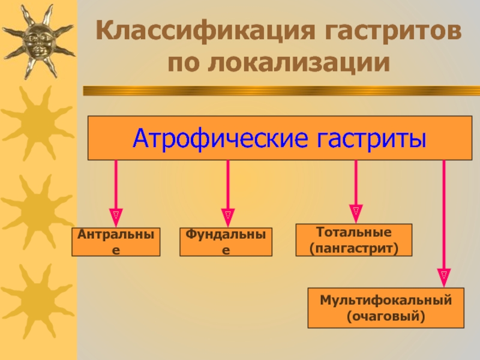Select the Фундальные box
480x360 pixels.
[x=226, y=242]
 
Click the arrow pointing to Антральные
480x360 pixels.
[x=116, y=186]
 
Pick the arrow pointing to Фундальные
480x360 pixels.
[x=228, y=186]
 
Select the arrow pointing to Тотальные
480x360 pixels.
[x=356, y=183]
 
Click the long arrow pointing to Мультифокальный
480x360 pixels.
[x=443, y=216]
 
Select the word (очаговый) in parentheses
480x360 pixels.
[x=386, y=315]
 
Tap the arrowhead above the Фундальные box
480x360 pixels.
[x=228, y=214]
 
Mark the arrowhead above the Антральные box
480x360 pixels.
[x=116, y=214]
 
